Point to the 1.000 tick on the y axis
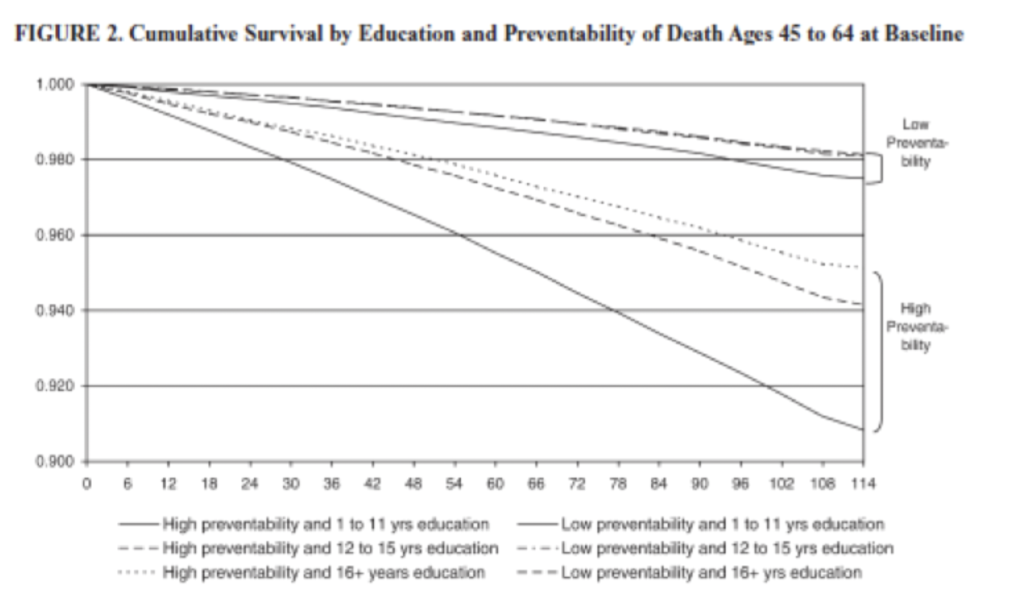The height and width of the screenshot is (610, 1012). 54,84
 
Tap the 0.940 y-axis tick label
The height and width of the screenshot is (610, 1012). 54,311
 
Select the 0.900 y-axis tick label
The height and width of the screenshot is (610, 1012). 54,461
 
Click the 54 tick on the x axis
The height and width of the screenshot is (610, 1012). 454,483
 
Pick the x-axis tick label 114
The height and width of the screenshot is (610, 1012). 862,483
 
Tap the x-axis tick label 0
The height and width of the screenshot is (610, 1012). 86,483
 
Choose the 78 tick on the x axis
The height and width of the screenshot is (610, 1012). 617,483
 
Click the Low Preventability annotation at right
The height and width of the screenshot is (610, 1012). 915,143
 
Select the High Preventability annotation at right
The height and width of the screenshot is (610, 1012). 915,326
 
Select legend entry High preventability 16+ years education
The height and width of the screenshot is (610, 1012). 323,573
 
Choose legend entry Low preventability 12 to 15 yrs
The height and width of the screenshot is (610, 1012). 727,549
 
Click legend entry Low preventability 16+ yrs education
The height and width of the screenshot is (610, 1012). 711,573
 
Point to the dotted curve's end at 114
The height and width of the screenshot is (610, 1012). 861,267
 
